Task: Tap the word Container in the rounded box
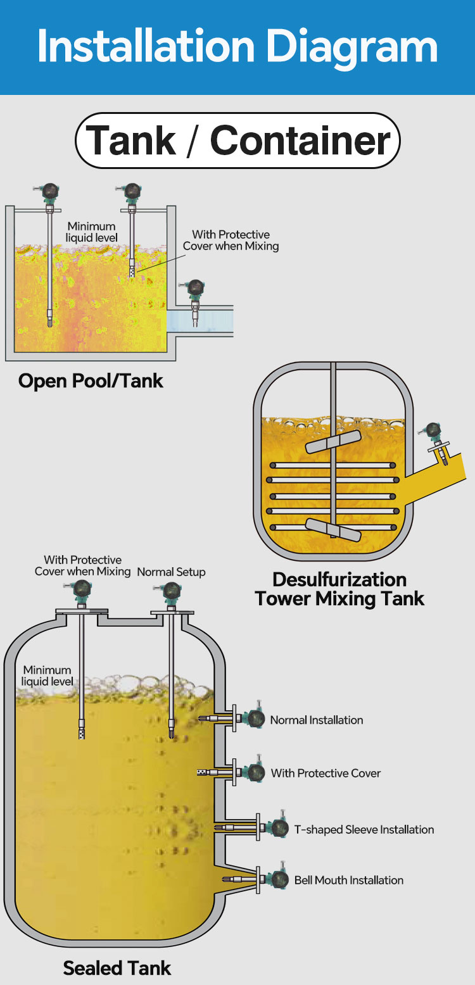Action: pyautogui.click(x=300, y=141)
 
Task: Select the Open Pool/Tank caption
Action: pyautogui.click(x=91, y=381)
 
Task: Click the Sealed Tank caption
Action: pyautogui.click(x=117, y=967)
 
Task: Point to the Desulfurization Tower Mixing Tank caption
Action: pyautogui.click(x=339, y=589)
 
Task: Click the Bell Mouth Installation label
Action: pyautogui.click(x=348, y=880)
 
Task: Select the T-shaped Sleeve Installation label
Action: pyautogui.click(x=364, y=829)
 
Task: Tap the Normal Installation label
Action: pyautogui.click(x=317, y=720)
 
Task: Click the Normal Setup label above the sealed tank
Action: pyautogui.click(x=171, y=572)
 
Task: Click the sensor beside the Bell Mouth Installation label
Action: pyautogui.click(x=277, y=879)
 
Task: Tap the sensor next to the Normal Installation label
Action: pyautogui.click(x=255, y=718)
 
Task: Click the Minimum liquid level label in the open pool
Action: pyautogui.click(x=92, y=232)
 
